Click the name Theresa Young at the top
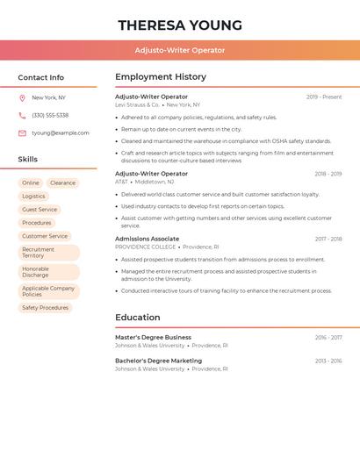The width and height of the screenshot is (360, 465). (x=180, y=25)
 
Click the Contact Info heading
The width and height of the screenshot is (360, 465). (x=41, y=77)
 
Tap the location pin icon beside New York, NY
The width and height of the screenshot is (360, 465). (x=22, y=97)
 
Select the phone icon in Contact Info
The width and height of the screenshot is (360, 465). (x=22, y=115)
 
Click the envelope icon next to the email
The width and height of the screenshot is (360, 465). (x=22, y=132)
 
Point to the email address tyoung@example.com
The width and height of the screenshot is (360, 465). (x=61, y=132)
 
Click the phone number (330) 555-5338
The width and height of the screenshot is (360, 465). (x=50, y=115)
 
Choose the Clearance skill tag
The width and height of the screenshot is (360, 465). (x=62, y=182)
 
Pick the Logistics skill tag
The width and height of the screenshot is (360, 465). (x=33, y=197)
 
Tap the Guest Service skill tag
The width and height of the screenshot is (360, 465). (x=40, y=210)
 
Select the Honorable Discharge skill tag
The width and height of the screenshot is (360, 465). (x=36, y=272)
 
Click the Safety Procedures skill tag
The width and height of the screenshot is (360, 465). (x=45, y=308)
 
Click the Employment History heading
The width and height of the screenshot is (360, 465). (x=161, y=77)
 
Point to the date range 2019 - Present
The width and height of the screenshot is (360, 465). (x=324, y=97)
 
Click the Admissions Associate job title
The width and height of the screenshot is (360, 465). (x=148, y=239)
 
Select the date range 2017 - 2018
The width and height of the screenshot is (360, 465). (x=328, y=239)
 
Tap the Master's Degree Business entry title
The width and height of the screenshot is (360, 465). (x=153, y=337)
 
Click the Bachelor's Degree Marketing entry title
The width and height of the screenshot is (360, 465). (x=158, y=361)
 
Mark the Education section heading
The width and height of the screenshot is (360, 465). (x=138, y=318)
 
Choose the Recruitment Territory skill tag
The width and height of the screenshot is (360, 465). (x=38, y=252)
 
